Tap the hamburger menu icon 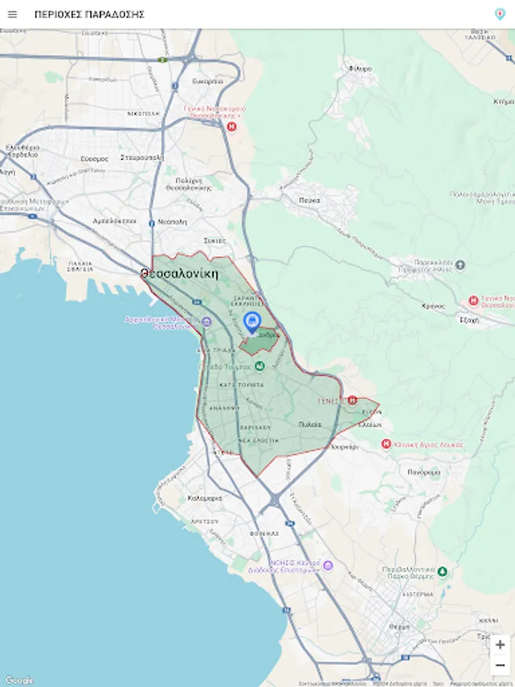(x=12, y=15)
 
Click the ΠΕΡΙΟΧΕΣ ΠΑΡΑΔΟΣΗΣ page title (x=89, y=15)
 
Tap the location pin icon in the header (x=500, y=14)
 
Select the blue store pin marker (x=252, y=321)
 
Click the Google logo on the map (x=19, y=680)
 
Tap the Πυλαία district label (x=310, y=424)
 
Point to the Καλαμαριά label (x=204, y=498)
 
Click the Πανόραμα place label (x=424, y=473)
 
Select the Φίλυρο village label (x=359, y=69)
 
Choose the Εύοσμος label (x=95, y=159)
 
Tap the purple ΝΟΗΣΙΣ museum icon (x=328, y=566)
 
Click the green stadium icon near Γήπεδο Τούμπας (x=259, y=366)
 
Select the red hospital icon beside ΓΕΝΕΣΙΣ (x=352, y=399)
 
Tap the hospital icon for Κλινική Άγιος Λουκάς (x=386, y=443)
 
